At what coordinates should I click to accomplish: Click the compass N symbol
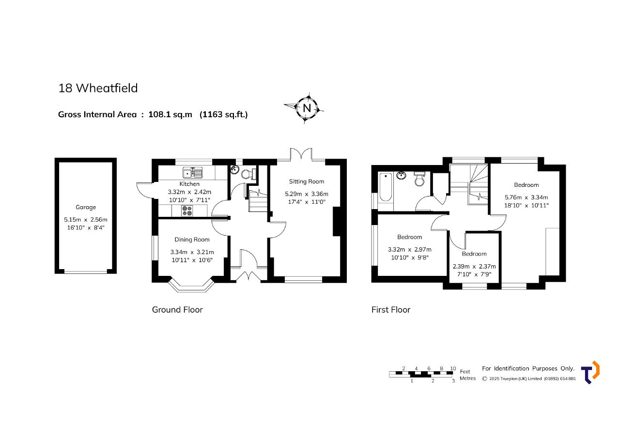[307, 108]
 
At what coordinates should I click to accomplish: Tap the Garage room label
[86, 207]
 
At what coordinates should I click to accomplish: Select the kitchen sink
[193, 173]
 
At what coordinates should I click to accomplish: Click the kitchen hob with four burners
[187, 211]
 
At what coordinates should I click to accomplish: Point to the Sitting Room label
[307, 181]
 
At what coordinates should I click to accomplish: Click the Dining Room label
[192, 240]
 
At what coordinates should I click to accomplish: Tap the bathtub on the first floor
[385, 187]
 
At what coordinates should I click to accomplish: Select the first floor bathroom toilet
[419, 179]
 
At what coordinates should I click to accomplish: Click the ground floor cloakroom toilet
[248, 174]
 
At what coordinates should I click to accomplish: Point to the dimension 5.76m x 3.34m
[526, 197]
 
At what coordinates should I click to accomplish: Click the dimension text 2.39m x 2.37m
[474, 267]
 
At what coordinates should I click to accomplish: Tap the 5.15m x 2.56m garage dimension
[86, 220]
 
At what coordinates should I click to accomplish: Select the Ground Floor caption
[177, 310]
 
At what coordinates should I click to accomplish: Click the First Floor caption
[391, 310]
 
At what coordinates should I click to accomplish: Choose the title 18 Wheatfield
[98, 88]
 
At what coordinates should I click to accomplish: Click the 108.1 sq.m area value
[170, 115]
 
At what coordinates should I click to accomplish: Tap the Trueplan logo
[590, 372]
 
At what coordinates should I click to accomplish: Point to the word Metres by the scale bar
[468, 378]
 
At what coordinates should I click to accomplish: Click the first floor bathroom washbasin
[402, 175]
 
